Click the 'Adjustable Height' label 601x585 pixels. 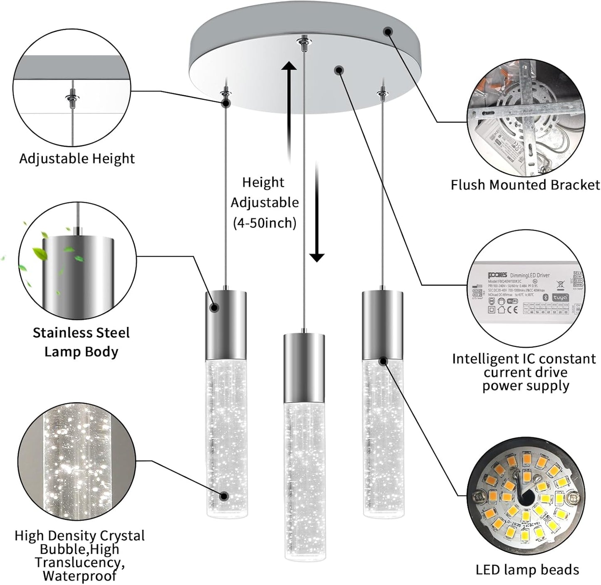coord(77,159)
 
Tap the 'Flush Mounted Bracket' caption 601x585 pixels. coord(525,185)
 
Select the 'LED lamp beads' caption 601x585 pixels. coord(527,570)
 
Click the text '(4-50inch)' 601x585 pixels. coord(265,223)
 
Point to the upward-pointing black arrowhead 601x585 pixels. coord(289,66)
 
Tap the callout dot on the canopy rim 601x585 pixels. coord(388,31)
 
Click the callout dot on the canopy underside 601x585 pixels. coord(339,70)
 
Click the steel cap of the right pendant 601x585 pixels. coord(382,324)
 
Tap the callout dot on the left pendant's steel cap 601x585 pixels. coord(215,307)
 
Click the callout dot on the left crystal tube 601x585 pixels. coord(224,496)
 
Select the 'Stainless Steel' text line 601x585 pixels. coord(81,333)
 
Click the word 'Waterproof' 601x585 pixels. coord(79,576)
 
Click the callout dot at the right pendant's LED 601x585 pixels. coord(383,361)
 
